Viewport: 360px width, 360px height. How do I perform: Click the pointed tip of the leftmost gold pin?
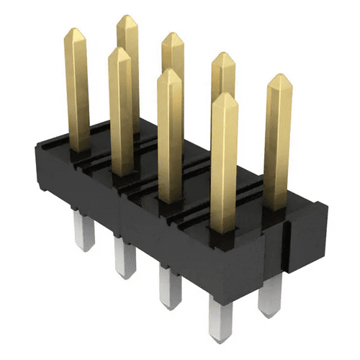76,32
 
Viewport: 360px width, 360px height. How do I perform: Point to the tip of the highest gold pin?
127,19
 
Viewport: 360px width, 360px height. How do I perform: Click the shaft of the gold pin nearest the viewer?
225,166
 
